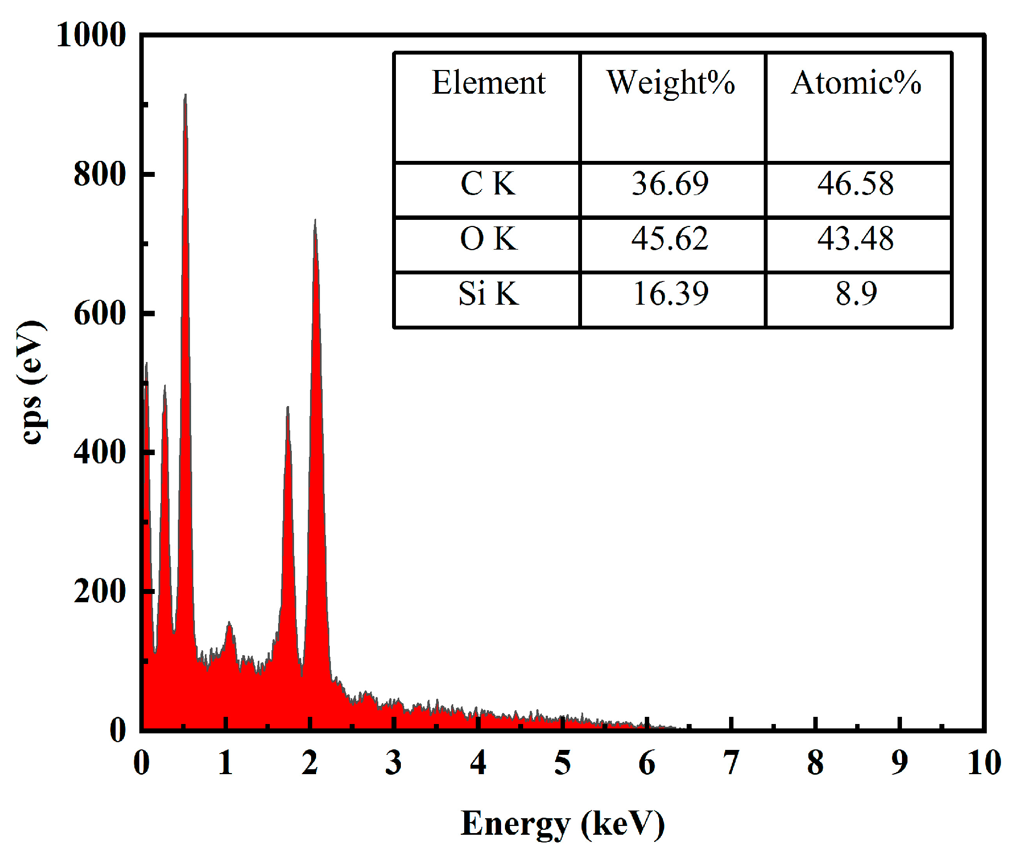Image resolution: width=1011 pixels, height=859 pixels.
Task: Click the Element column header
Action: coord(488,83)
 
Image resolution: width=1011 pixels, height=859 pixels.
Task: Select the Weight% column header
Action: coord(671,83)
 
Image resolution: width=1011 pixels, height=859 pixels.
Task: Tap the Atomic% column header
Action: coord(856,83)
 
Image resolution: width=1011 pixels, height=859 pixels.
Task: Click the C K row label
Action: coord(488,183)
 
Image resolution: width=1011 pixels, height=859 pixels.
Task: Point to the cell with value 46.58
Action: coord(855,183)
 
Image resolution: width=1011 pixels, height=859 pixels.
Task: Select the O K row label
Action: coord(488,239)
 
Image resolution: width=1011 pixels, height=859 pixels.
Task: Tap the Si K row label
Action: coord(488,293)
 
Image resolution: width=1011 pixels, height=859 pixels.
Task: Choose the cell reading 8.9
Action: coord(856,293)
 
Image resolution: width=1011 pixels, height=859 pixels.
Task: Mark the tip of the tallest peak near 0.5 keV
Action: coord(185,95)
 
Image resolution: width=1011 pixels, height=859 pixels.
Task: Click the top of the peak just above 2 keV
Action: coord(315,220)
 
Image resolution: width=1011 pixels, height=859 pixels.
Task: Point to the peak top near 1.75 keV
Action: coord(287,408)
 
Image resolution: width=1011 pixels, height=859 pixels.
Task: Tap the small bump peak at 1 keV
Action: coord(229,623)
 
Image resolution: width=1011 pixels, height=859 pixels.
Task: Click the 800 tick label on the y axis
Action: coord(100,175)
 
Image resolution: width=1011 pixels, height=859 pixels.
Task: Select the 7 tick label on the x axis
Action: coord(731,763)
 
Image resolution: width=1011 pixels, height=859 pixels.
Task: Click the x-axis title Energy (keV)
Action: coord(562,824)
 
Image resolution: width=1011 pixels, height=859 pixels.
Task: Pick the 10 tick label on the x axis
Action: coord(984,763)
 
